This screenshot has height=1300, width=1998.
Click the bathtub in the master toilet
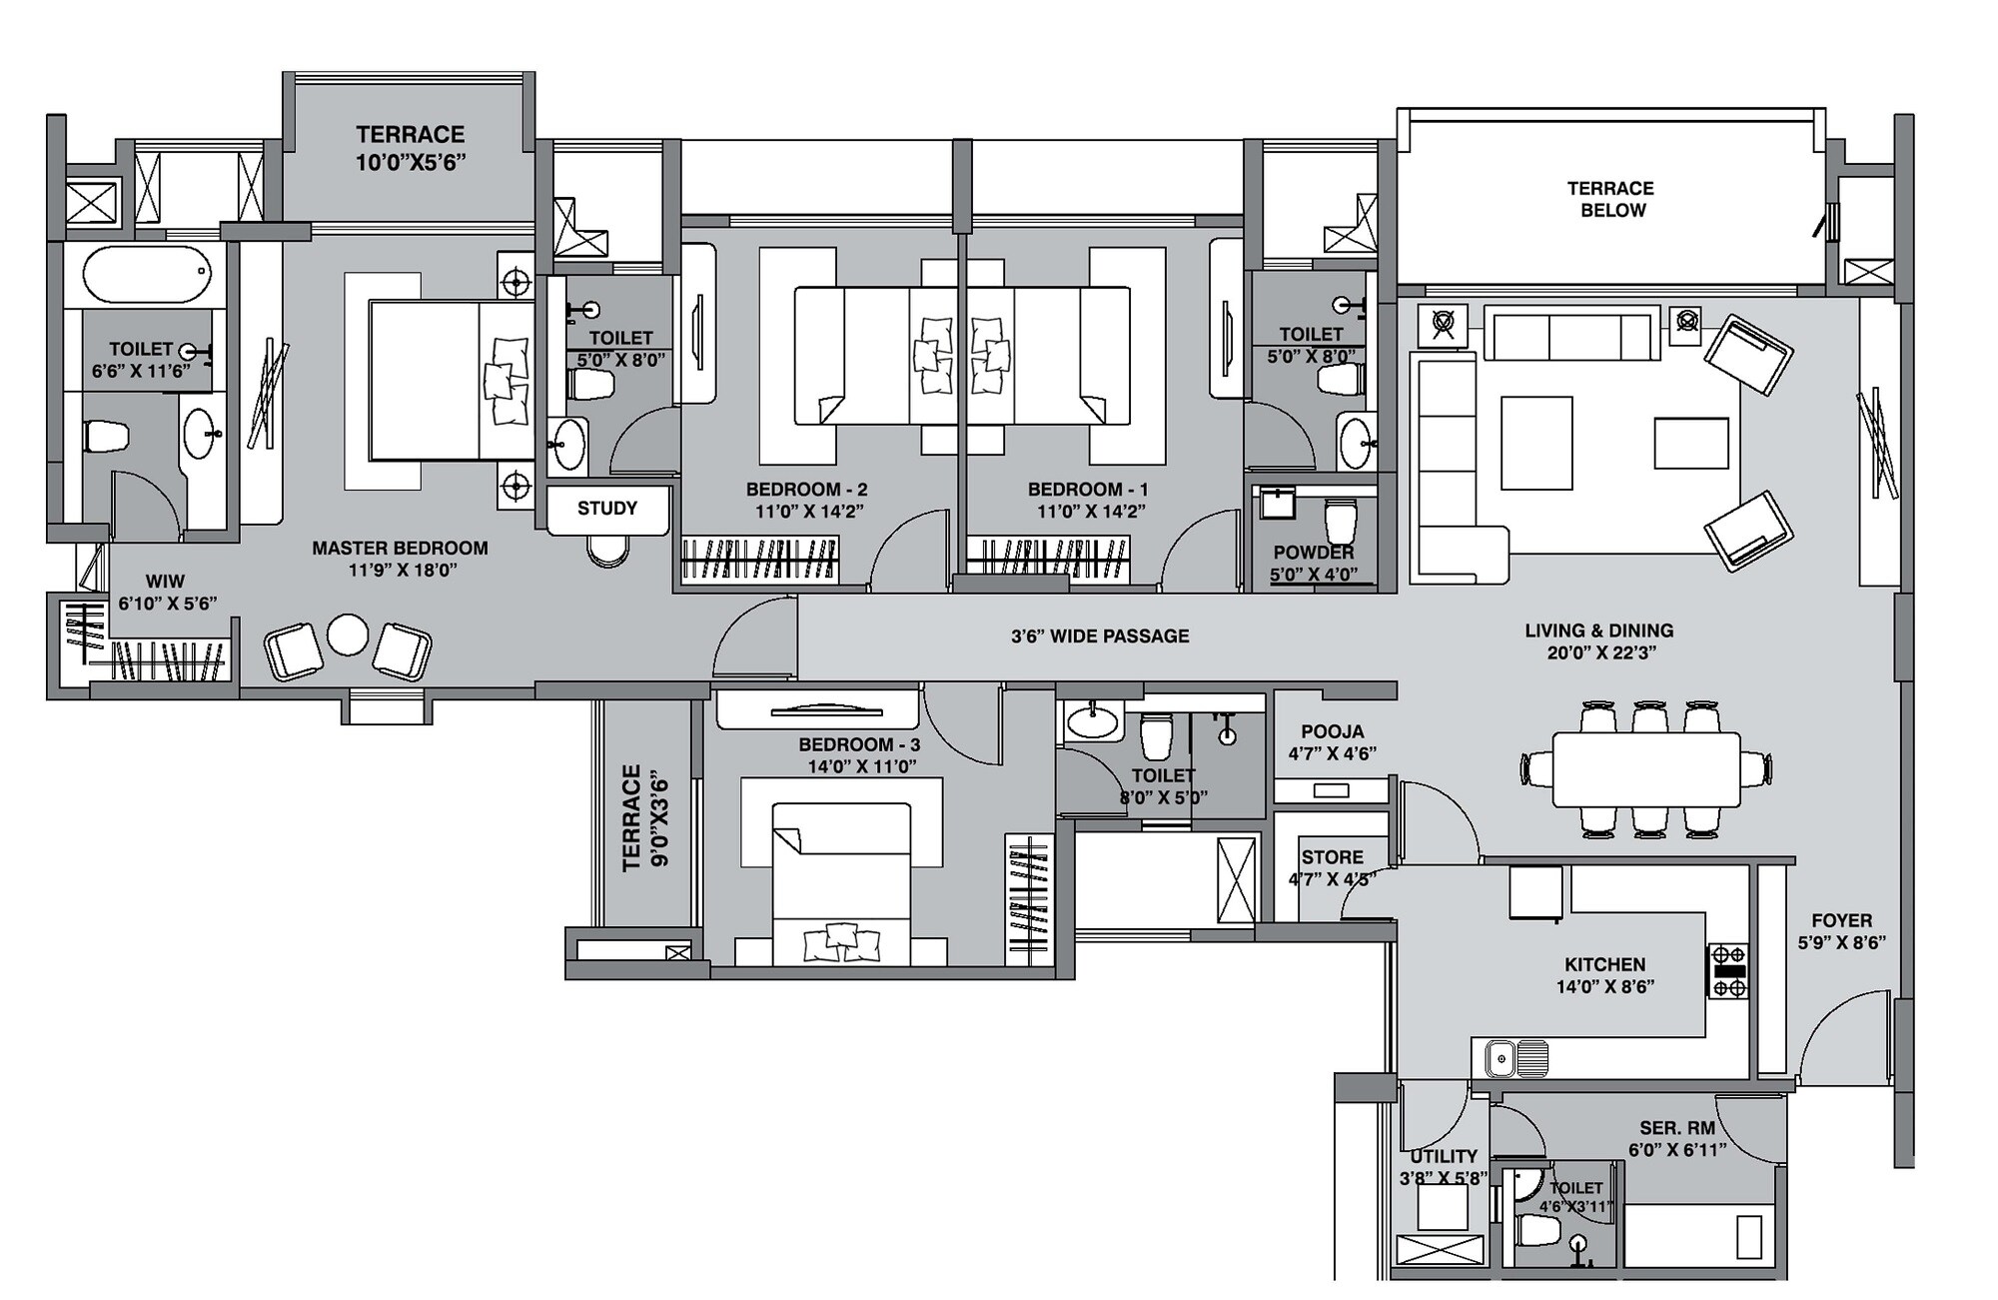point(147,275)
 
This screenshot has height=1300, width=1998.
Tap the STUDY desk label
point(606,509)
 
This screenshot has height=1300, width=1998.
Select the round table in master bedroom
point(348,635)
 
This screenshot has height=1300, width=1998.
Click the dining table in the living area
point(1646,769)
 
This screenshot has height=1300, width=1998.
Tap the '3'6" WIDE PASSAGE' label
point(1099,637)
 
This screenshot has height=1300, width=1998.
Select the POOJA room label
point(1332,732)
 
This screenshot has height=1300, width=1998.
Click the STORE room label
point(1332,857)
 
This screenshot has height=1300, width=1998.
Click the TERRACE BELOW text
point(1610,199)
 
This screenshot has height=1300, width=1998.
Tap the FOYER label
point(1841,920)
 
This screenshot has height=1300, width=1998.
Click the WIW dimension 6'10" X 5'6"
point(167,604)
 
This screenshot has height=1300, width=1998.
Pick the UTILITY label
point(1444,1156)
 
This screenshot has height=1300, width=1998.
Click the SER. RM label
point(1676,1128)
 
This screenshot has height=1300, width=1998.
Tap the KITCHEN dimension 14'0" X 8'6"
point(1604,987)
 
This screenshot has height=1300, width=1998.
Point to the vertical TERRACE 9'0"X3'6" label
point(645,817)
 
